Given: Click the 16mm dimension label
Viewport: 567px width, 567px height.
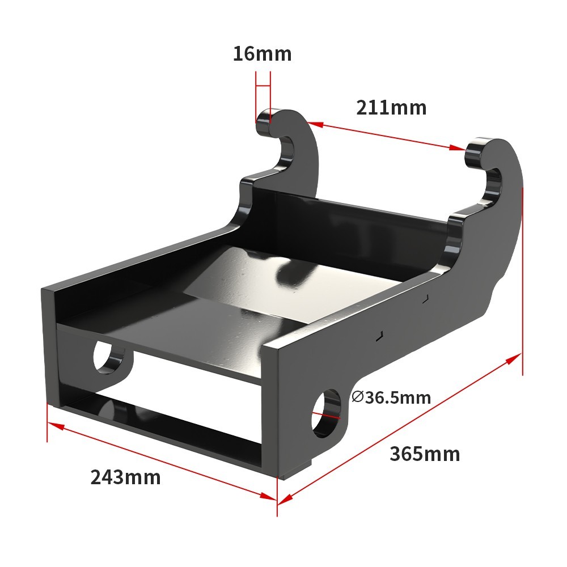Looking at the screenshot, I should [262, 54].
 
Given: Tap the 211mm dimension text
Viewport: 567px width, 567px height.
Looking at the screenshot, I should [391, 107].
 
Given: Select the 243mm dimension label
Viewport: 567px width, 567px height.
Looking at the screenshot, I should [125, 477].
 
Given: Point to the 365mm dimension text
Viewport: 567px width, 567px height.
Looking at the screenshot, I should [425, 454].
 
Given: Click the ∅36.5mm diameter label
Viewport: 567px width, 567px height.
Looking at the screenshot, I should [391, 397].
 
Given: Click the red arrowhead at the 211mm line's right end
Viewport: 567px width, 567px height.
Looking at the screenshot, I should [459, 148].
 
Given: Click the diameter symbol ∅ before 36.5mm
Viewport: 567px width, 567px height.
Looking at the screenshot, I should [357, 396].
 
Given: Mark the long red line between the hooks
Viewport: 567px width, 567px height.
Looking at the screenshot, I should [386, 135].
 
